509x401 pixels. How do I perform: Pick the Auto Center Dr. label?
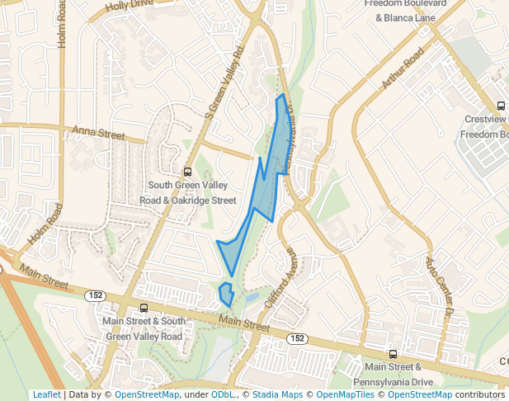440,289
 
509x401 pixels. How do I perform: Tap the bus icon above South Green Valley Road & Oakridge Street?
187,172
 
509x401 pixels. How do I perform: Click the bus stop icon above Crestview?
501,106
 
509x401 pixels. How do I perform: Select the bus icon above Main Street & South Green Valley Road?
144,308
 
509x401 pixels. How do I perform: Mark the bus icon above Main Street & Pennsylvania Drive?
392,351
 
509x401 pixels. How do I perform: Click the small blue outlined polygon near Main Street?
225,295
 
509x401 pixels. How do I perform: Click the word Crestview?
486,120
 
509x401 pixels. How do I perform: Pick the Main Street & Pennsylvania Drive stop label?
398,375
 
